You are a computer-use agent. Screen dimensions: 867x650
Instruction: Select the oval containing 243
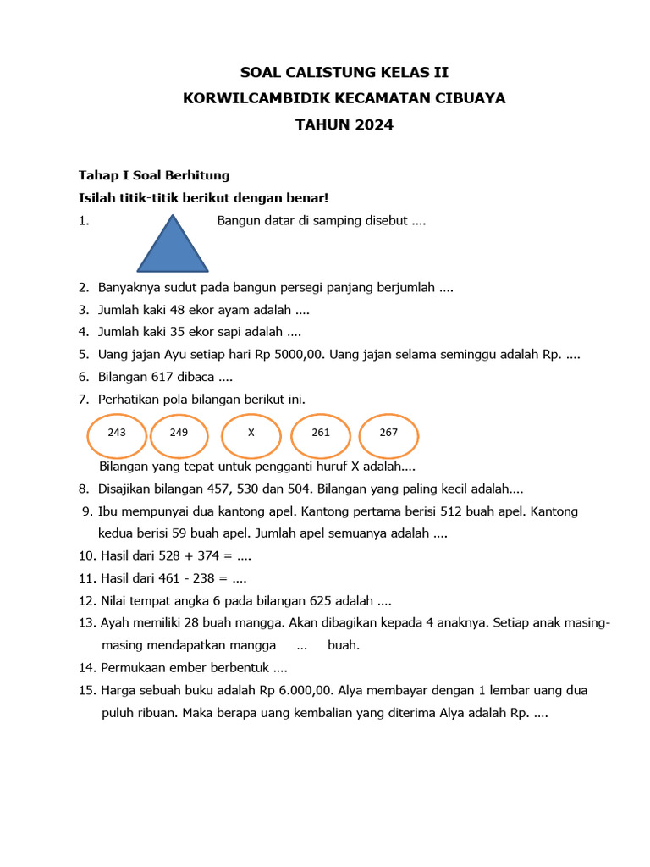[117, 433]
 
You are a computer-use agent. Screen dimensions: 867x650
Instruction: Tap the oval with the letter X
[251, 433]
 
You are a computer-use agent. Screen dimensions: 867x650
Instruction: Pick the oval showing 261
[321, 433]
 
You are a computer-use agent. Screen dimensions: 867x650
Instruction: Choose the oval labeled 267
[388, 433]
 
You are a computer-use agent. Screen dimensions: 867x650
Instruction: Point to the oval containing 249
[179, 433]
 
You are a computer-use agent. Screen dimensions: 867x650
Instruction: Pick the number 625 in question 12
[315, 601]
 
